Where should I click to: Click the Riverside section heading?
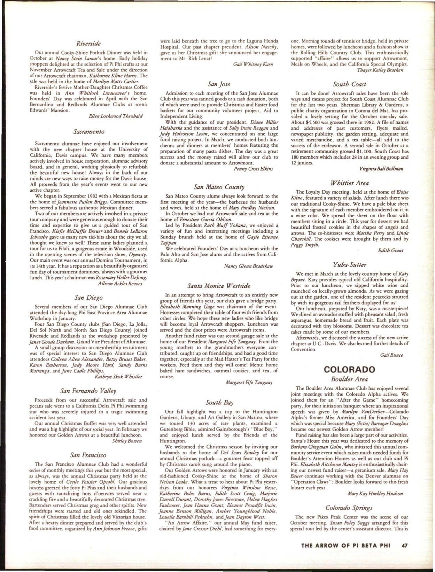point(88,43)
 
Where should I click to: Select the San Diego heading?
point(88,297)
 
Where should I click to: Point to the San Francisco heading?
point(88,455)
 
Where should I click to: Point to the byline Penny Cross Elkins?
point(253,169)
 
